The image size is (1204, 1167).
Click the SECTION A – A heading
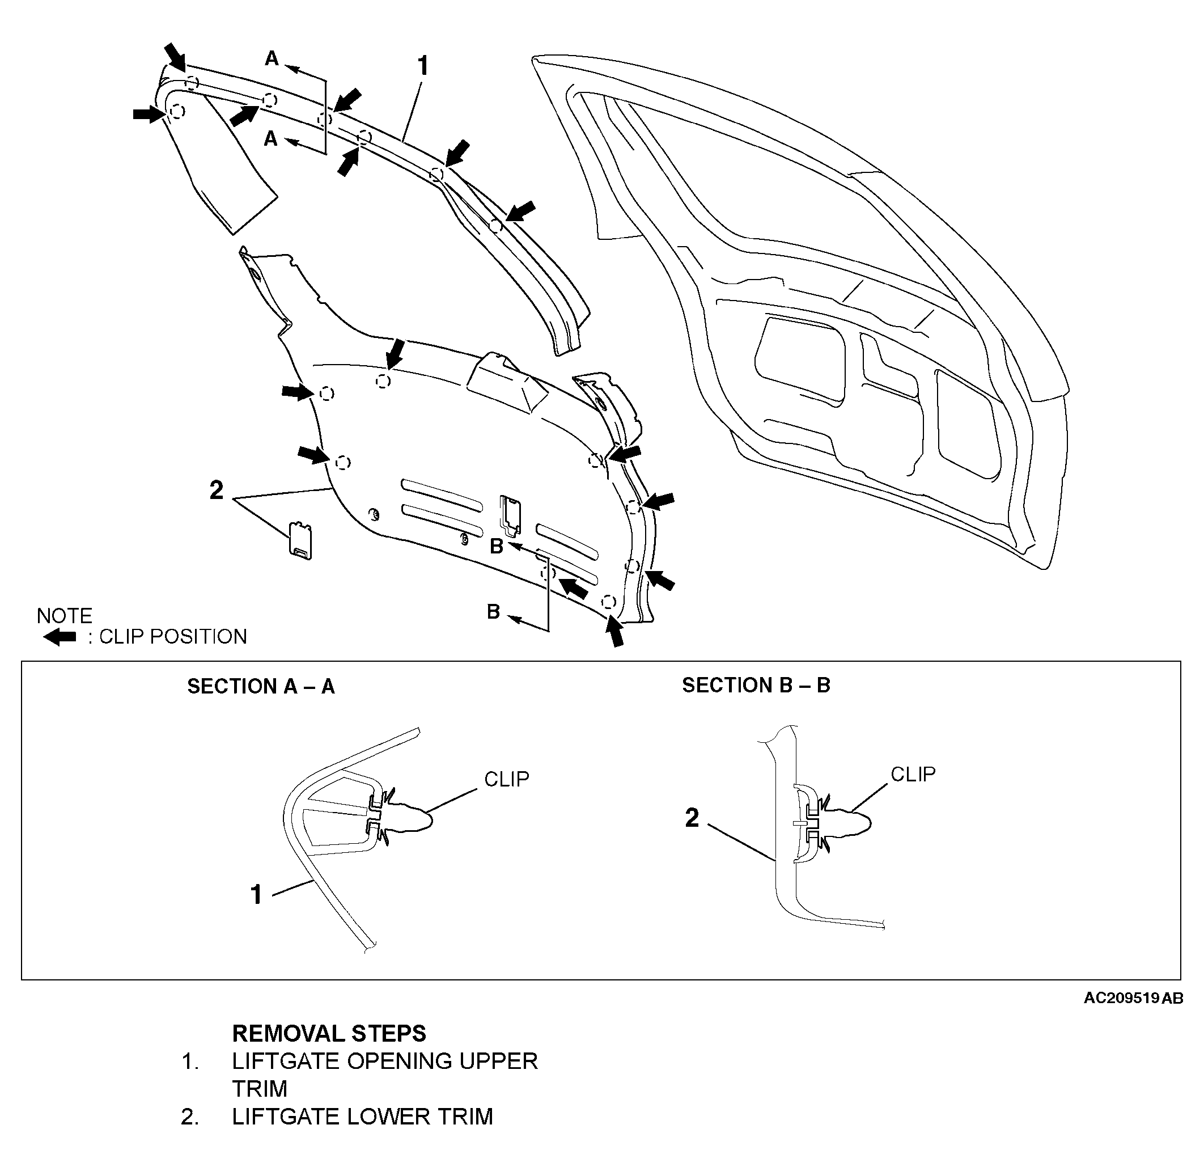[x=261, y=687]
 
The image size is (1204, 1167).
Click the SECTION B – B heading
[x=756, y=685]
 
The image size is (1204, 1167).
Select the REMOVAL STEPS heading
[x=329, y=1034]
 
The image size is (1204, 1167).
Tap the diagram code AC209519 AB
[x=1133, y=998]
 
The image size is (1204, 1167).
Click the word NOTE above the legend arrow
[x=65, y=616]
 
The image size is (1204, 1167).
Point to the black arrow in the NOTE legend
[x=60, y=637]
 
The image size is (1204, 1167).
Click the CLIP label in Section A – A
[x=507, y=779]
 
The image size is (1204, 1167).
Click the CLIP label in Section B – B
[x=913, y=774]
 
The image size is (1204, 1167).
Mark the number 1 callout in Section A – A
[x=257, y=895]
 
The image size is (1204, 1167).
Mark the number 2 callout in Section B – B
[x=692, y=818]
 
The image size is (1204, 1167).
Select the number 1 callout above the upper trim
[x=423, y=66]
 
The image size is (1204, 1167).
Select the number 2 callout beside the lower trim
[x=216, y=491]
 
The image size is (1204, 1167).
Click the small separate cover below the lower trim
[x=301, y=541]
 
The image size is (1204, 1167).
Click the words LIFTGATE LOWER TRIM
[x=362, y=1117]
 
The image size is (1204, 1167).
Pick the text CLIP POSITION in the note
[x=173, y=637]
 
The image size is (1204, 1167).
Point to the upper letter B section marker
[x=497, y=547]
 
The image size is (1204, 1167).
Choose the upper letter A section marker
[x=272, y=59]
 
